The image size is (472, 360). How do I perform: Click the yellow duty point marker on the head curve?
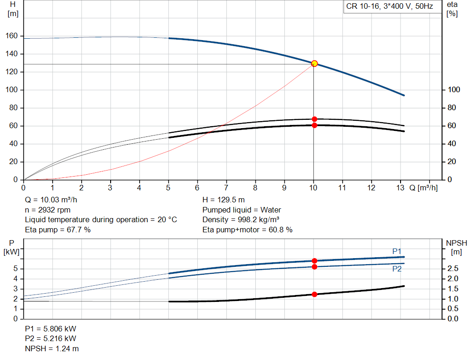314,63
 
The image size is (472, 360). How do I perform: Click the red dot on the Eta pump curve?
314,119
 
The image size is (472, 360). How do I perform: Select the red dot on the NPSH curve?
314,294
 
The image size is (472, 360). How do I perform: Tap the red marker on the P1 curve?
314,261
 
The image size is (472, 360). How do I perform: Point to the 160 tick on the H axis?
12,36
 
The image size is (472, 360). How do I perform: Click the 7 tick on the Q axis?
226,188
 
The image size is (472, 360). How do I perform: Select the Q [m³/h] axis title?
423,188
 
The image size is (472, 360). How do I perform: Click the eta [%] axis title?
452,9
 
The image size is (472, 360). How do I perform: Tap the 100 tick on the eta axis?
454,90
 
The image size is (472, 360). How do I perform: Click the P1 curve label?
397,251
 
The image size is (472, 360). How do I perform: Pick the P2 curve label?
397,269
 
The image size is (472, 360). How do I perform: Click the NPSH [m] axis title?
456,247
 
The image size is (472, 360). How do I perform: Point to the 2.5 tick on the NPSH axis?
452,268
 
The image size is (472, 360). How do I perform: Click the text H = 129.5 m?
224,200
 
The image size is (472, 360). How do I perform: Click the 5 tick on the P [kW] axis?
16,268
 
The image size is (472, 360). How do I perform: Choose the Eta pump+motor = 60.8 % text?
248,230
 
